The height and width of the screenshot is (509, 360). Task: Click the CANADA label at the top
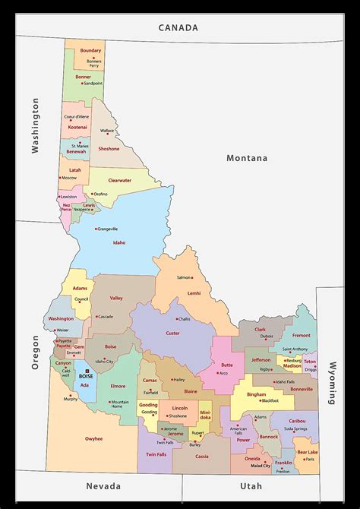(x=178, y=27)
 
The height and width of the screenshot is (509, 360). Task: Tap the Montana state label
(x=247, y=158)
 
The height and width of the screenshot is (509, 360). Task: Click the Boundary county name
(x=90, y=50)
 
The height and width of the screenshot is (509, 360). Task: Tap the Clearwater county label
(x=119, y=180)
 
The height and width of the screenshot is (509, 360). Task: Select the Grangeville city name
(x=107, y=228)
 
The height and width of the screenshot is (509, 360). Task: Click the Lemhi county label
(x=194, y=292)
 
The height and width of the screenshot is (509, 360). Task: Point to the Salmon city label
(x=185, y=277)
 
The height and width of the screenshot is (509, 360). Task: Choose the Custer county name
(x=172, y=333)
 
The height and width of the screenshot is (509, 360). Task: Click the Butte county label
(x=227, y=365)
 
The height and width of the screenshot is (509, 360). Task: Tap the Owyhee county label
(x=93, y=438)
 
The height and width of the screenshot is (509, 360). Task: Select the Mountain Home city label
(x=120, y=404)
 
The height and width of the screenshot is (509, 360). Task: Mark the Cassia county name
(x=202, y=457)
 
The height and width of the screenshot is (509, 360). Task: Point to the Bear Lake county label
(x=307, y=452)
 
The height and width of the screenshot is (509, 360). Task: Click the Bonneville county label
(x=301, y=388)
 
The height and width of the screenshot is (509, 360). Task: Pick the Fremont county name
(x=302, y=335)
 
